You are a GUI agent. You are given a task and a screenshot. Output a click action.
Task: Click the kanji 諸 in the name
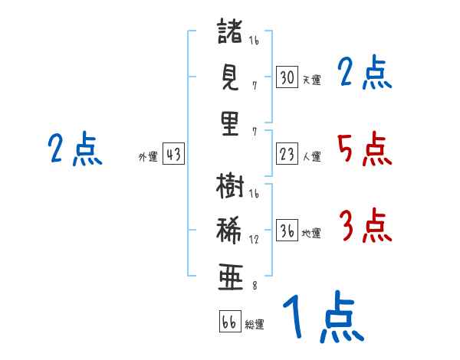click(230, 31)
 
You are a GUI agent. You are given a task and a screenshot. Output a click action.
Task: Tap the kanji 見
click(230, 77)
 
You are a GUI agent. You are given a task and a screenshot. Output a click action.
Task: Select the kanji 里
click(230, 123)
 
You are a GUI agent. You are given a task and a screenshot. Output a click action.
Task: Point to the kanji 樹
click(230, 185)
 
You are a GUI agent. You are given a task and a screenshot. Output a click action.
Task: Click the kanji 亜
click(231, 277)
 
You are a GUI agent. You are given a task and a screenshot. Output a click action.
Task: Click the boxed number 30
click(287, 77)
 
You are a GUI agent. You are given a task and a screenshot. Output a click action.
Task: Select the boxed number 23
click(287, 154)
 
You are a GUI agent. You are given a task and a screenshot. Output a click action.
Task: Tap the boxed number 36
click(287, 230)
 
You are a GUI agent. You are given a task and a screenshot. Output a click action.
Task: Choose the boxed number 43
click(173, 154)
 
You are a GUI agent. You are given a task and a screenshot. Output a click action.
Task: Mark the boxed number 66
click(230, 321)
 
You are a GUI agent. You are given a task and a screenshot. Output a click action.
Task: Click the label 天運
click(311, 80)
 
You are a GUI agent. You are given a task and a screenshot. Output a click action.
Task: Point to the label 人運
click(311, 156)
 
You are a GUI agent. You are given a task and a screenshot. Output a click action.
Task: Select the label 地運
click(311, 233)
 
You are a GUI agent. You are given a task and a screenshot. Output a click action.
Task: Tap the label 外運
click(148, 156)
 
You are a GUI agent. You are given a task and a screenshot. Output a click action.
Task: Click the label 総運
click(255, 324)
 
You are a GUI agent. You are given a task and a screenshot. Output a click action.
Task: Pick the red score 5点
click(365, 149)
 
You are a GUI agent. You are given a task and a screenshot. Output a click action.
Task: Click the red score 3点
click(366, 225)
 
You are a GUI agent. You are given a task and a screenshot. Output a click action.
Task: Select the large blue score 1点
click(324, 316)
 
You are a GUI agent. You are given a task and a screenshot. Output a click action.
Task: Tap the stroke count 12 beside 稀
click(254, 240)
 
